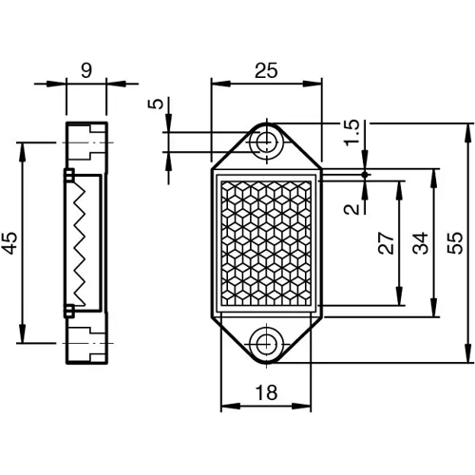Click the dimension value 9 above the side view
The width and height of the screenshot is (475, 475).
tap(87, 69)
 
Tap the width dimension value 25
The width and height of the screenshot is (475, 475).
tap(267, 69)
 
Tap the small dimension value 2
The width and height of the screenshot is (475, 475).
tap(352, 208)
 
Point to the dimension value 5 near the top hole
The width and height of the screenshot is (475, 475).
tap(155, 104)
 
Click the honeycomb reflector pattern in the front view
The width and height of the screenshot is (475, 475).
tap(267, 242)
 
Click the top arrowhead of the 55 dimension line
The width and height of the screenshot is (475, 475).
tap(466, 129)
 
